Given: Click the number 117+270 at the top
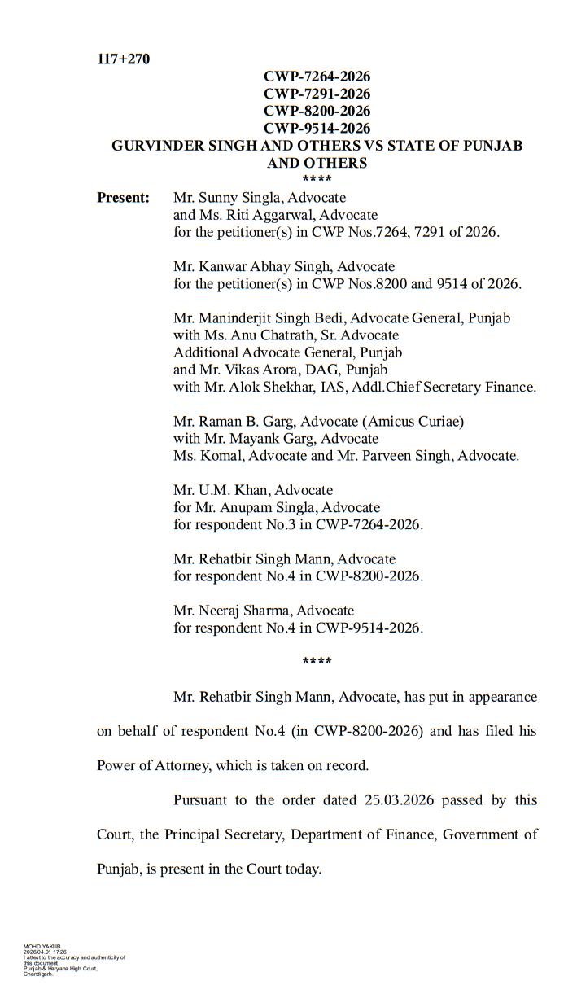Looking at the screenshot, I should point(123,59).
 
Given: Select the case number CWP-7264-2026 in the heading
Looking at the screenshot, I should point(317,77).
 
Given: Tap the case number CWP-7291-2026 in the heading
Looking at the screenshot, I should point(317,94).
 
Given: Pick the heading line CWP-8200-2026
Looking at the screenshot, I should point(317,111).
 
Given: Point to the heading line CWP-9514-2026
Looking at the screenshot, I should point(317,128).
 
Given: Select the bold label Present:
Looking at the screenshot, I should point(123,198).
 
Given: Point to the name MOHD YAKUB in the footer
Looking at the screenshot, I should point(37,947).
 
